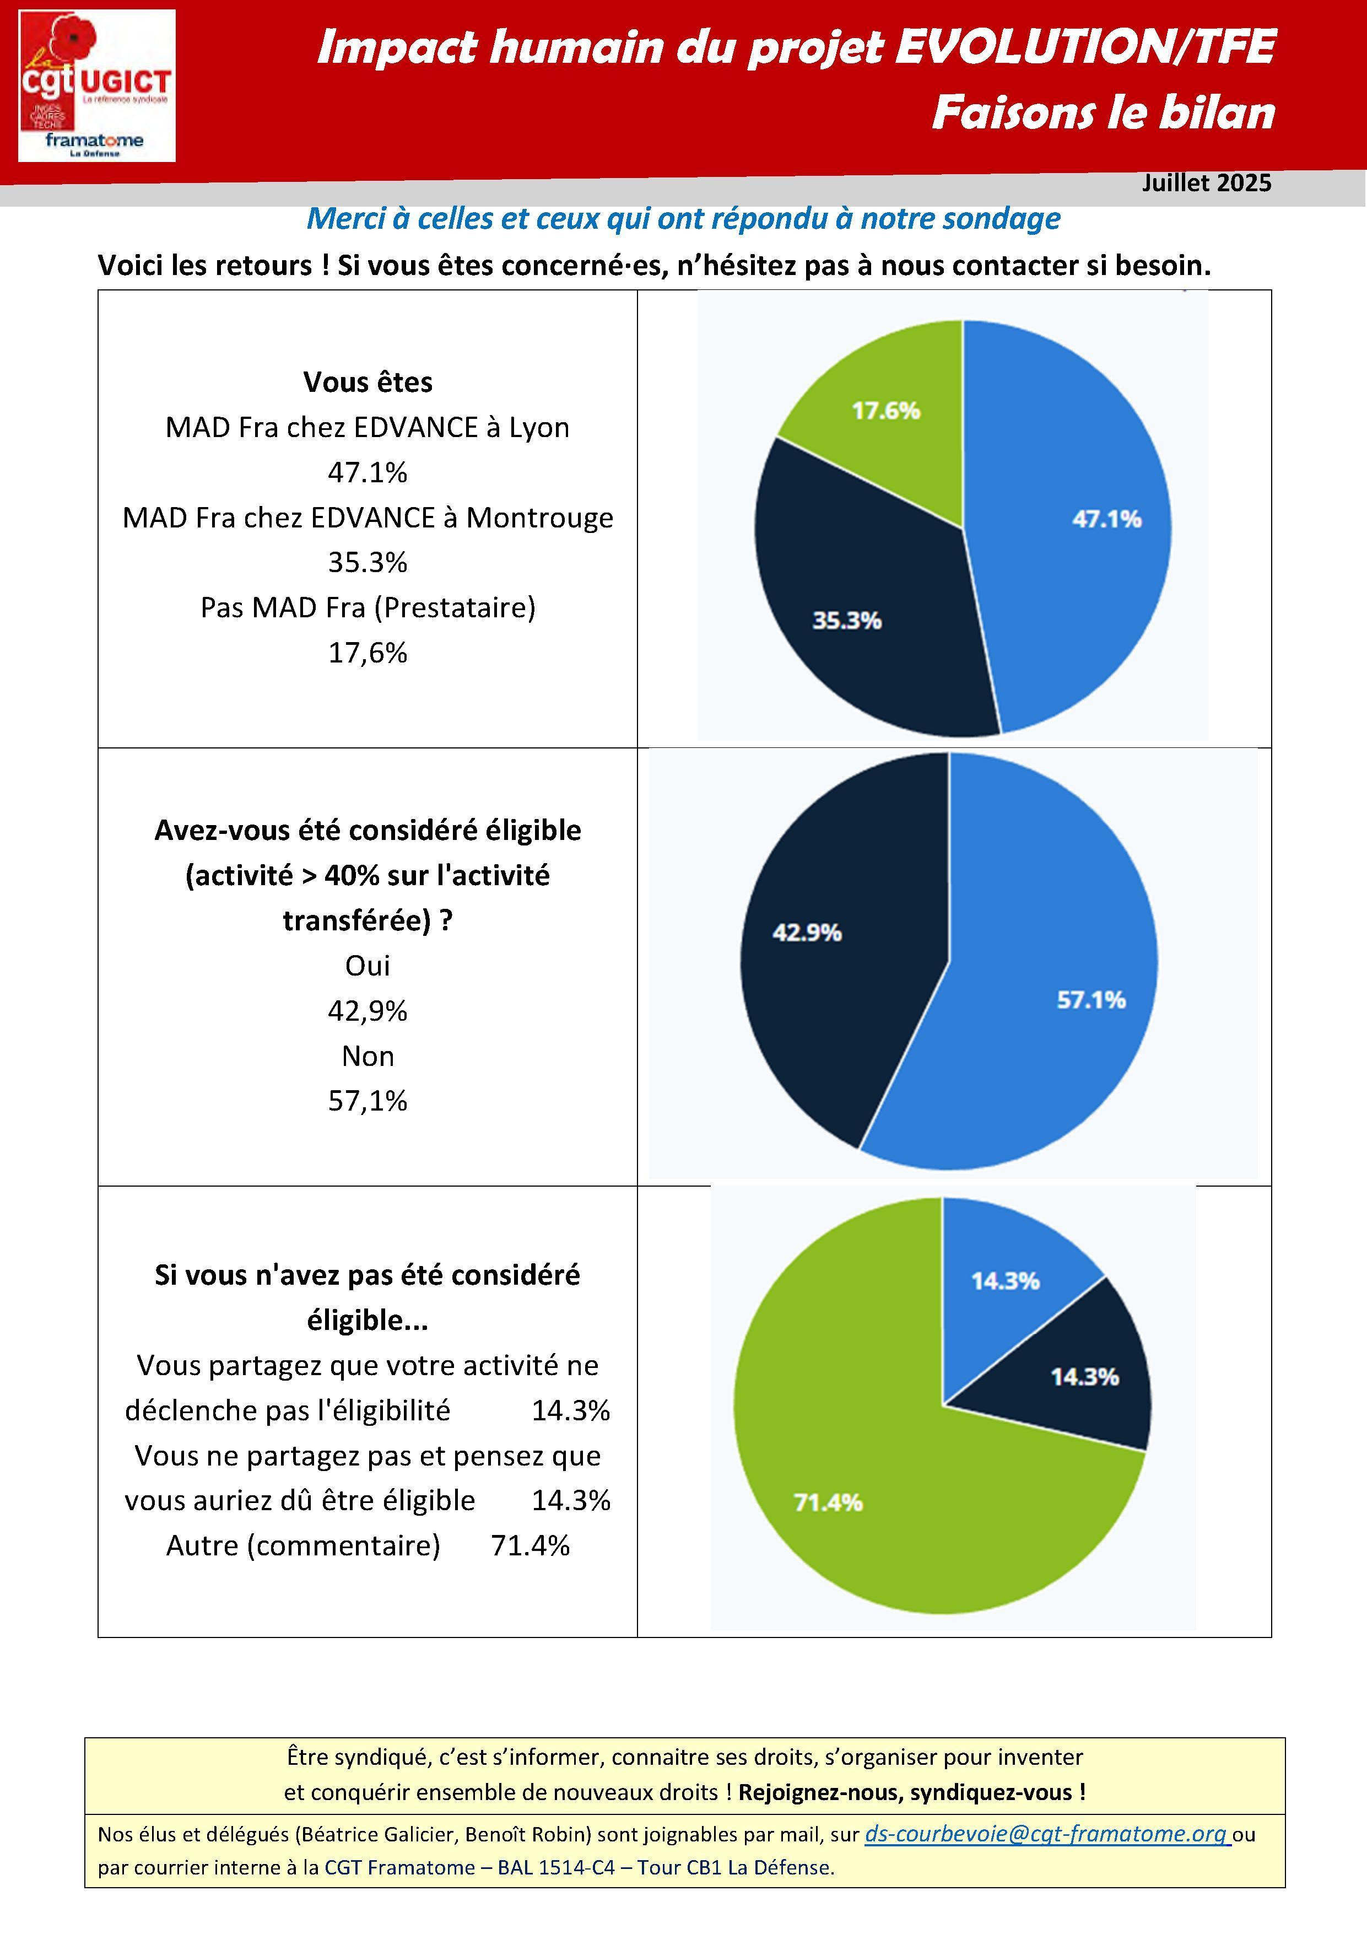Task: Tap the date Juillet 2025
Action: pos(1206,183)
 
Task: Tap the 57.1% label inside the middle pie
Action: pos(1092,1000)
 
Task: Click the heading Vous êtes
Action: pos(368,383)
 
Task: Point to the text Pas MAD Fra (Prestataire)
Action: pos(368,607)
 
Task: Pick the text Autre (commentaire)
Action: pos(303,1545)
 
